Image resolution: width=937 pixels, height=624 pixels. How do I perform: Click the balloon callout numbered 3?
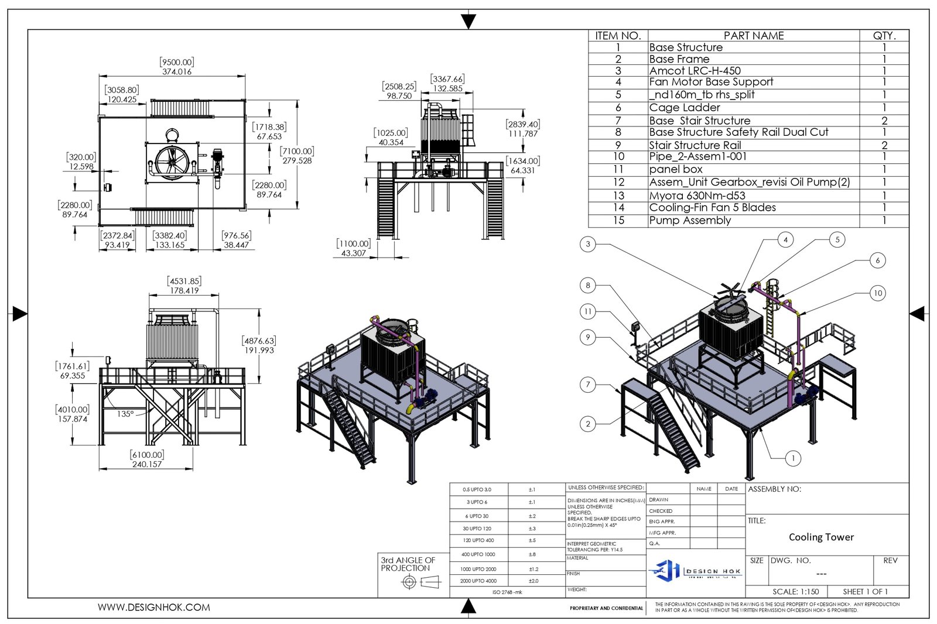588,244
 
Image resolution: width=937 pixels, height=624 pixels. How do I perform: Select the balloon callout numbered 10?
877,293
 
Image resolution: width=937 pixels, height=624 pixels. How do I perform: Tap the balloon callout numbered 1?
793,458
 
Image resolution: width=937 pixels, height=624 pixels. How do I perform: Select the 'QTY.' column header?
884,36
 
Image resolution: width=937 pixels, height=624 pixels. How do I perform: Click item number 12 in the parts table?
618,183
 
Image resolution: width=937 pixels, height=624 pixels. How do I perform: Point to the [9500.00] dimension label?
176,62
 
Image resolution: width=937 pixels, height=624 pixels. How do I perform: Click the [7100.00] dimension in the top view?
297,151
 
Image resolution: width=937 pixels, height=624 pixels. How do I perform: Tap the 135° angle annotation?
125,414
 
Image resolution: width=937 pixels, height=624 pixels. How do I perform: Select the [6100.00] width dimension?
146,455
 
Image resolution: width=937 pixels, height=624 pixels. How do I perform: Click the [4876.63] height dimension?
258,341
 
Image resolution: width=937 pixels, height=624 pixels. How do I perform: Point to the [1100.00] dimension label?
354,244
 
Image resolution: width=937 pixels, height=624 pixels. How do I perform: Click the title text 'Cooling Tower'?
821,537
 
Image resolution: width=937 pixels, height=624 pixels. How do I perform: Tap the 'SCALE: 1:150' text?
795,592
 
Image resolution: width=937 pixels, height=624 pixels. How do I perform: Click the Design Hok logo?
695,570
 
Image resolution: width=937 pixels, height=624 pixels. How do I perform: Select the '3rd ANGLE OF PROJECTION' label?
408,564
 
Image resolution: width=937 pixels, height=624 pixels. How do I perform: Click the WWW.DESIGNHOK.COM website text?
154,608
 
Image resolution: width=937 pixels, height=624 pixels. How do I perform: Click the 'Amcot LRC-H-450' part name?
695,71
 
